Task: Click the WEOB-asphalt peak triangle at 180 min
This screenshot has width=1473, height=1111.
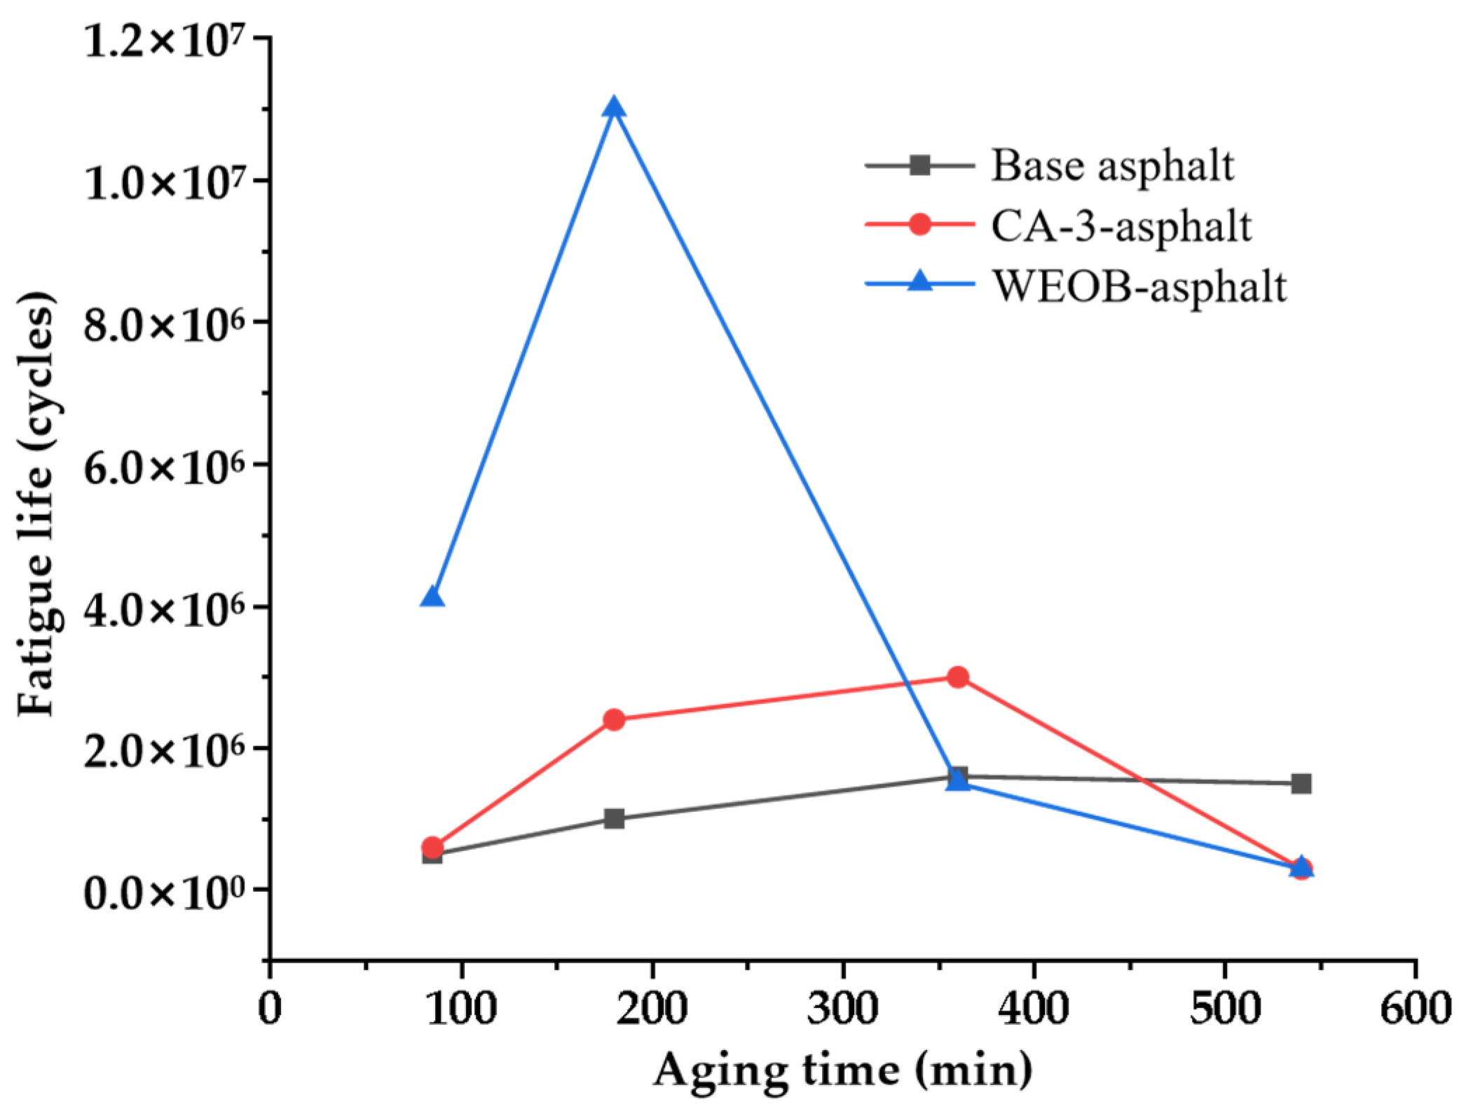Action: (615, 109)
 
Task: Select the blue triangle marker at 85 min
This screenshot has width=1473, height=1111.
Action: (432, 597)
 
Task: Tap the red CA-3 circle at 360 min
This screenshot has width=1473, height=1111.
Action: (958, 677)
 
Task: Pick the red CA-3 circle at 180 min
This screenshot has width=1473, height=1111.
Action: (615, 719)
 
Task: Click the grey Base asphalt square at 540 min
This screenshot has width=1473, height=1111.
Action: (1301, 783)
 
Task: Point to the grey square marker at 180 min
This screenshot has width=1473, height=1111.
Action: (615, 818)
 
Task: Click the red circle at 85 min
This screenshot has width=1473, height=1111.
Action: (432, 847)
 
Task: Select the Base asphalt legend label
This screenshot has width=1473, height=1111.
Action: (1111, 166)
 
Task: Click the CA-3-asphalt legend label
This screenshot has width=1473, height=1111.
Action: (1121, 226)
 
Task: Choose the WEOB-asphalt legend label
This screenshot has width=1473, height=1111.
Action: (1139, 287)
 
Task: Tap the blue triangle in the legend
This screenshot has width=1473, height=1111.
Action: (920, 282)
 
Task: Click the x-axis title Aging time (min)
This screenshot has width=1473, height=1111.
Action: (842, 1070)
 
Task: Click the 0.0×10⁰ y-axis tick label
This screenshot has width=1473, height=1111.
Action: (165, 892)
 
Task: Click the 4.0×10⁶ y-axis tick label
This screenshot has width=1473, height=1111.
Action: (165, 609)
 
